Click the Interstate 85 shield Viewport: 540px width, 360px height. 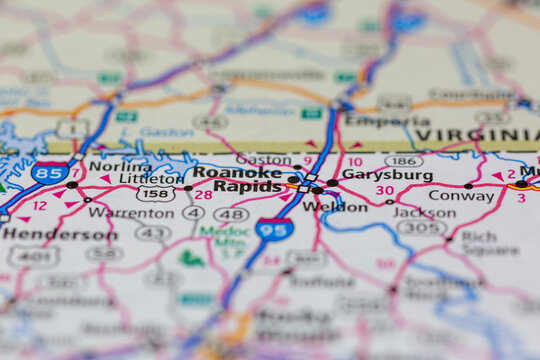click(x=49, y=173)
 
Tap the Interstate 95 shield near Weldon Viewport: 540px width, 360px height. click(x=273, y=229)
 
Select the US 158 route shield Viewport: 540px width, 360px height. click(x=155, y=194)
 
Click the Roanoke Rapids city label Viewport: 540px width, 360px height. click(x=238, y=179)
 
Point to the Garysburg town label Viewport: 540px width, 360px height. click(x=387, y=175)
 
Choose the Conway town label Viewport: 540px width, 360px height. click(x=461, y=196)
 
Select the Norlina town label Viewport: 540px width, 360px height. click(x=120, y=166)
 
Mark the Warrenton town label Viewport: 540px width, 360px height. click(x=132, y=213)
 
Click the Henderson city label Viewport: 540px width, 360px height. click(x=59, y=234)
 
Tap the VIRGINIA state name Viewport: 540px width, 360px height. click(x=477, y=135)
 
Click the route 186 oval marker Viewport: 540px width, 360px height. click(x=403, y=160)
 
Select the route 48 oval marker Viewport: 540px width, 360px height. click(x=231, y=214)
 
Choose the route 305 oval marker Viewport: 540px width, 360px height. click(x=421, y=228)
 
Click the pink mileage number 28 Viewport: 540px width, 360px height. click(x=203, y=194)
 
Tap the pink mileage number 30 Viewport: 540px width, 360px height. click(x=384, y=190)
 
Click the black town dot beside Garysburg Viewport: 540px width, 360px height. click(x=332, y=183)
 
